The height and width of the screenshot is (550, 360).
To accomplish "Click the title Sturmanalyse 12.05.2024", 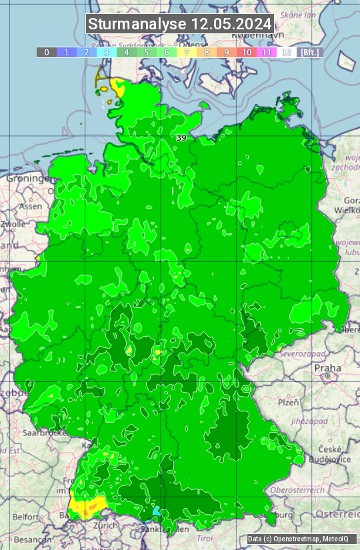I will pyautogui.click(x=180, y=24).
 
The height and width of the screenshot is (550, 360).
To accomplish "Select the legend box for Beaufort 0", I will pyautogui.click(x=46, y=52).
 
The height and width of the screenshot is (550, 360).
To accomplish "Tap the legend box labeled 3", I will pyautogui.click(x=107, y=52).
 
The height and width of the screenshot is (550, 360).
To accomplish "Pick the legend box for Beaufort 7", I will pyautogui.click(x=187, y=52).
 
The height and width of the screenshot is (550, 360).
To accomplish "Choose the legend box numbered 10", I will pyautogui.click(x=247, y=52).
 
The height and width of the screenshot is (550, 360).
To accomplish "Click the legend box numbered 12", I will pyautogui.click(x=287, y=52).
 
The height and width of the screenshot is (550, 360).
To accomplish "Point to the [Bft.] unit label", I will pyautogui.click(x=310, y=52).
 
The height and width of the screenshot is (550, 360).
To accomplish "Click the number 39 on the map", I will pyautogui.click(x=181, y=137).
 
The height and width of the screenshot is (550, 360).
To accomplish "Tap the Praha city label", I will pyautogui.click(x=327, y=367).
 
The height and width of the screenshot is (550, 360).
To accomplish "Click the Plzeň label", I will pyautogui.click(x=287, y=403).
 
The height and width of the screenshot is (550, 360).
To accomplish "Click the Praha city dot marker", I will pyautogui.click(x=329, y=377).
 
